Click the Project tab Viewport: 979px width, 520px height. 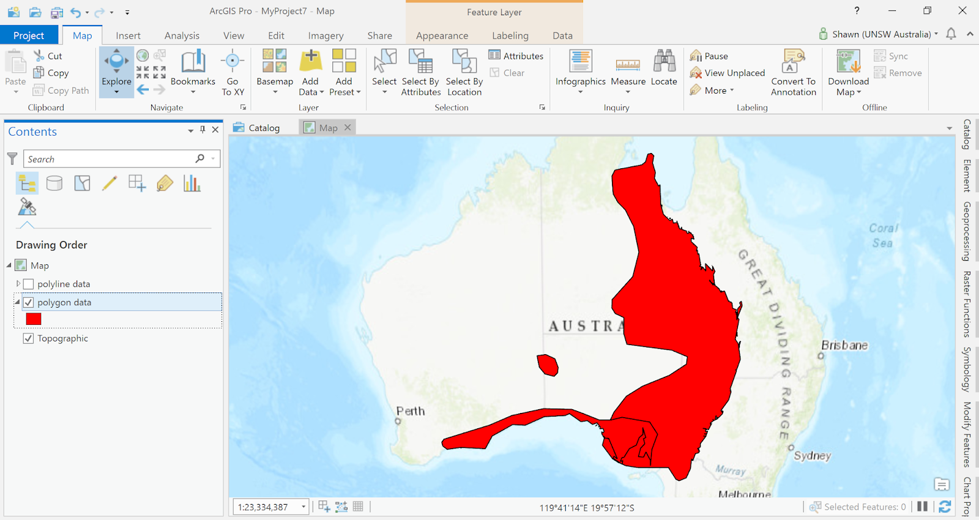click(29, 35)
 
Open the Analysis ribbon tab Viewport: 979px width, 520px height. click(182, 35)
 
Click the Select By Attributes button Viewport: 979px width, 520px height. click(421, 72)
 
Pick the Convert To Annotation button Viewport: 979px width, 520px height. click(794, 72)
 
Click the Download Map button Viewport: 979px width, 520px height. click(848, 72)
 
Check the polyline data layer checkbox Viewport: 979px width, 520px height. click(28, 284)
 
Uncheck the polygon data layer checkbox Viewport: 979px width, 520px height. click(28, 302)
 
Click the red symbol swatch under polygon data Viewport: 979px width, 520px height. click(34, 319)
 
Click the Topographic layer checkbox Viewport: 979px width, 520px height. click(28, 338)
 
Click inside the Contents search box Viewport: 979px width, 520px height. click(110, 159)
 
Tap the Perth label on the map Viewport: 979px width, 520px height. click(410, 411)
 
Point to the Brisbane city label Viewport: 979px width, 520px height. click(844, 345)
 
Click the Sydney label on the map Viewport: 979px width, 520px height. click(813, 455)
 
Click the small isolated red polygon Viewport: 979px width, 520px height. click(548, 365)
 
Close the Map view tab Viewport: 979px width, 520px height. click(348, 127)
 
